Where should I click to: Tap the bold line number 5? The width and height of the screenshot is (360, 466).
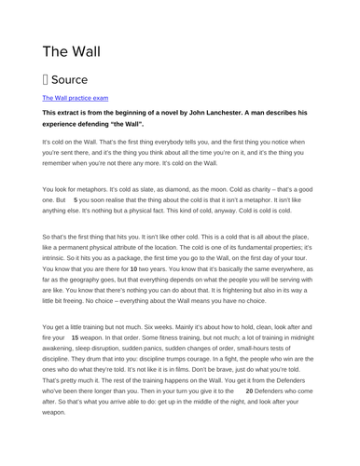click(x=76, y=199)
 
